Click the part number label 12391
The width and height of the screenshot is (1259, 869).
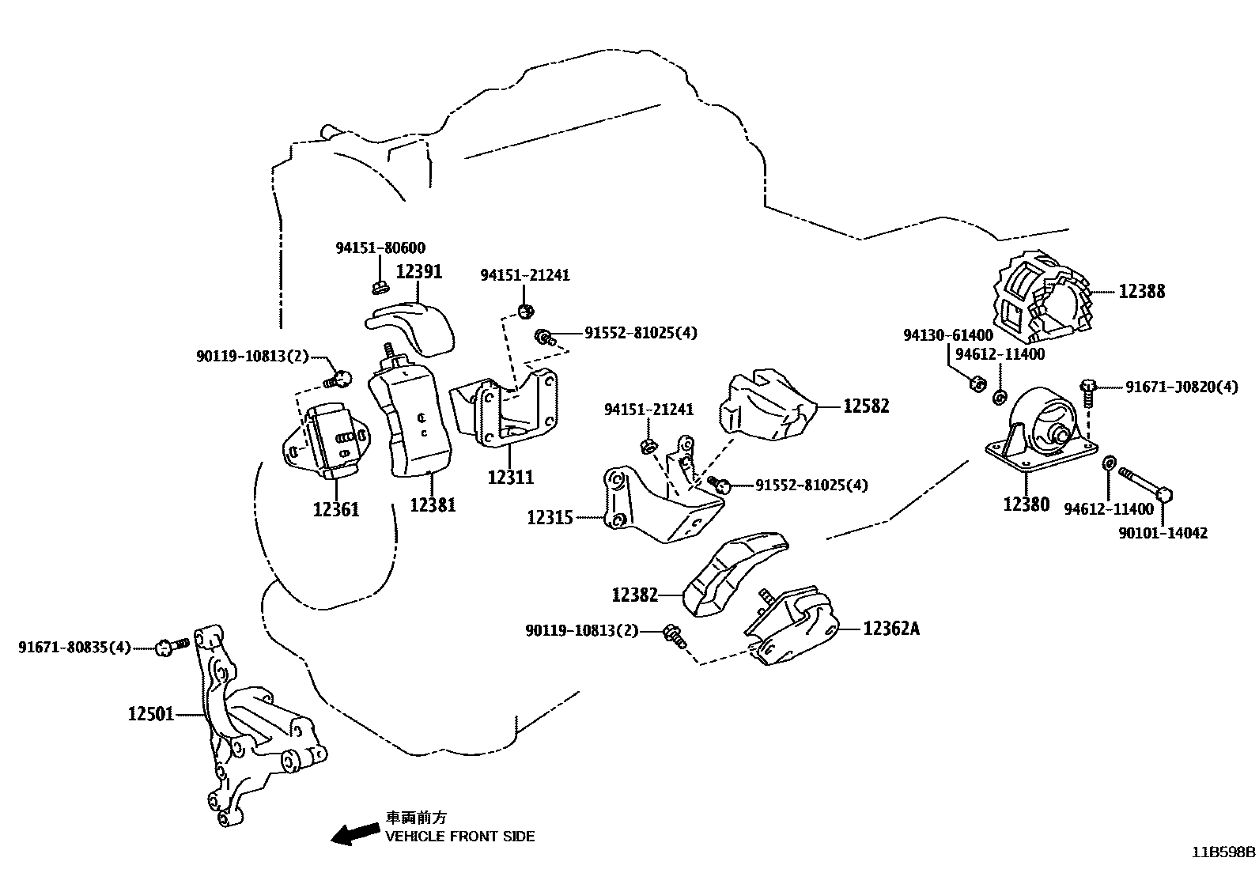click(418, 271)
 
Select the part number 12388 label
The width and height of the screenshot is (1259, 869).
click(1141, 292)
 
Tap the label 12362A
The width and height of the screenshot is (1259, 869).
click(891, 629)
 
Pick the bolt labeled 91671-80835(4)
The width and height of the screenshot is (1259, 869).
click(172, 646)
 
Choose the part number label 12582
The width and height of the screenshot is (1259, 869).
click(866, 406)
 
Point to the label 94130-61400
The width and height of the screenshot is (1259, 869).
click(947, 335)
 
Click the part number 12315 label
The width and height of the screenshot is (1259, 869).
click(550, 518)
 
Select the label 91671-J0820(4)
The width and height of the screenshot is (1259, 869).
click(1181, 387)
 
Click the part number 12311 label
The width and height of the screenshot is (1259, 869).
click(510, 477)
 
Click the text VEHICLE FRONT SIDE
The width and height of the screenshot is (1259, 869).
click(459, 836)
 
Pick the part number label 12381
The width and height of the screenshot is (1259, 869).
click(433, 504)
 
